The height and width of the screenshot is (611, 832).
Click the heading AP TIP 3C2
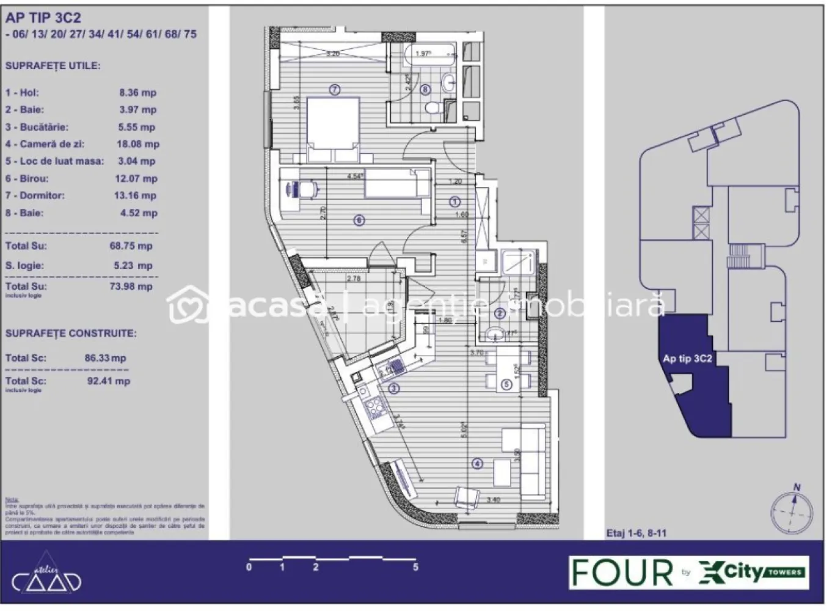(x=43, y=18)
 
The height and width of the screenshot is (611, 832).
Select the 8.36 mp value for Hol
(x=137, y=93)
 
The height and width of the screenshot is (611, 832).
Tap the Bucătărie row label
(x=37, y=127)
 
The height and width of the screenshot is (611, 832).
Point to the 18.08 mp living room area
(x=137, y=144)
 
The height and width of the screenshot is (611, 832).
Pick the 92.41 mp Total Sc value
(x=109, y=381)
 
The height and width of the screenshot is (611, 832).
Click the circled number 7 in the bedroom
(x=334, y=90)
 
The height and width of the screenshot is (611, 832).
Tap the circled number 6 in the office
(x=359, y=220)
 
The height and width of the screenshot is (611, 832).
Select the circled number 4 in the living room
(x=477, y=464)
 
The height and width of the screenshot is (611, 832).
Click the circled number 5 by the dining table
(x=506, y=384)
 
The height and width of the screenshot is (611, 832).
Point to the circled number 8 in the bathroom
(x=426, y=89)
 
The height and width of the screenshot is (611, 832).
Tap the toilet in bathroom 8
(x=433, y=108)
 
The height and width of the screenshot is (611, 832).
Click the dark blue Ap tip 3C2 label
(x=687, y=359)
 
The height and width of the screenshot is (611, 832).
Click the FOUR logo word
(x=621, y=573)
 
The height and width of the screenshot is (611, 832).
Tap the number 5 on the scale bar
(x=415, y=567)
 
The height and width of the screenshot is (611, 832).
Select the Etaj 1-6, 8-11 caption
(x=636, y=533)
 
